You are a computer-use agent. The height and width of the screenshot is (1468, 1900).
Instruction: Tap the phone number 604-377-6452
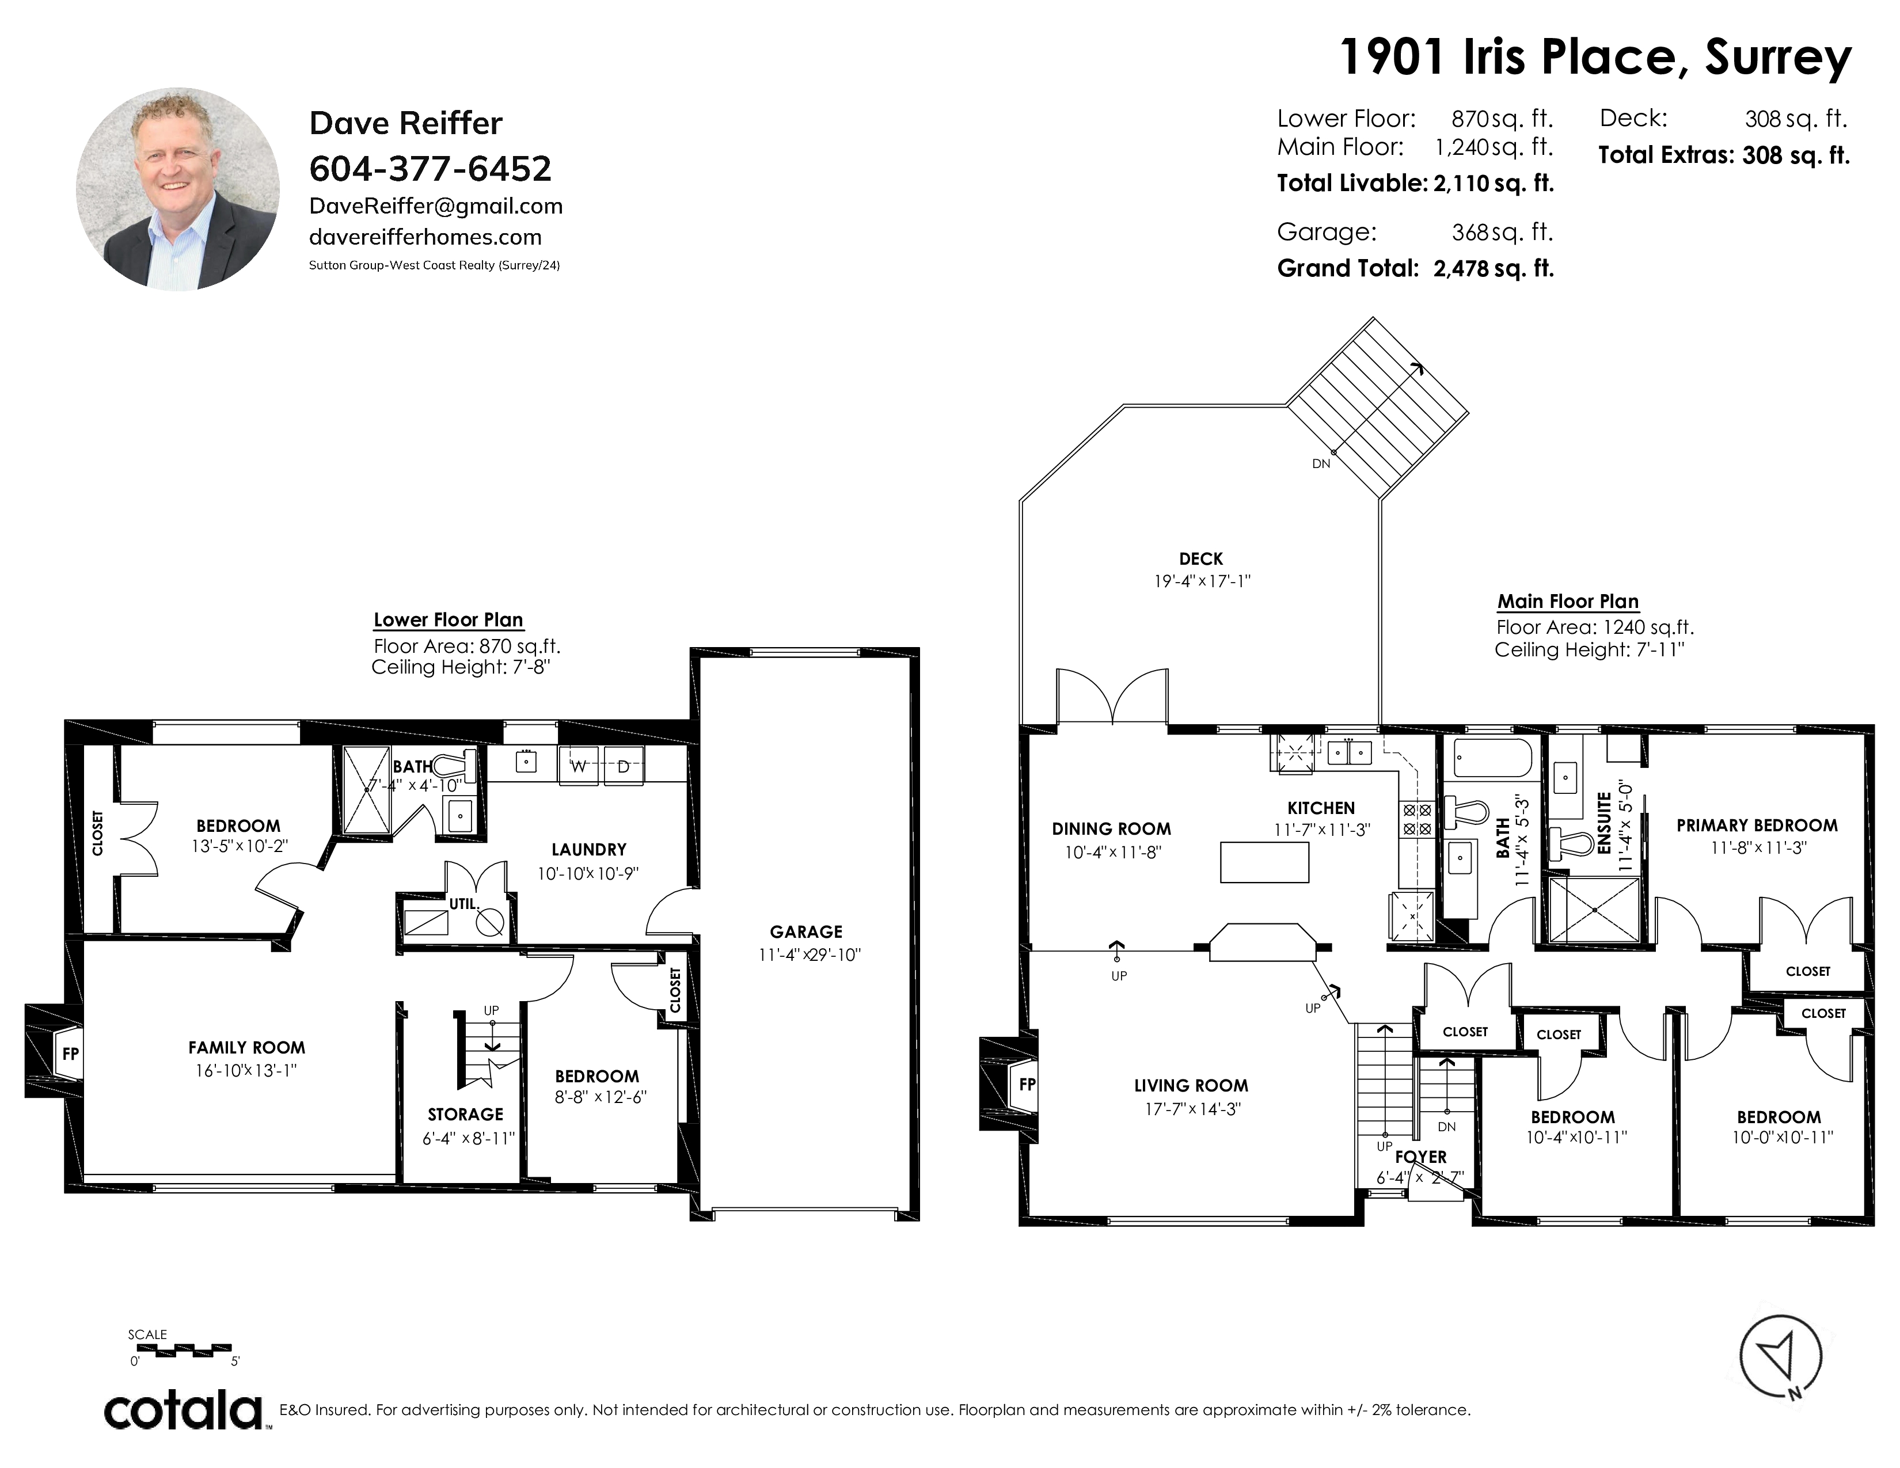(430, 169)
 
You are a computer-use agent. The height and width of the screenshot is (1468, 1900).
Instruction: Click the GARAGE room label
(805, 931)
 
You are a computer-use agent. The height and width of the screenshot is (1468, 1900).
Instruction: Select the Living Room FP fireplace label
(1027, 1085)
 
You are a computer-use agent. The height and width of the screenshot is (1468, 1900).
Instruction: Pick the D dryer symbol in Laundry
(624, 766)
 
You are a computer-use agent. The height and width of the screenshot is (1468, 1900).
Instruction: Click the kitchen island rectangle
(1265, 862)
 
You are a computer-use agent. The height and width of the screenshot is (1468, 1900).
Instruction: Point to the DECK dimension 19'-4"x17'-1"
(1202, 581)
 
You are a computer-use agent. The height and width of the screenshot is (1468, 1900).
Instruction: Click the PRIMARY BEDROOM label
(1757, 826)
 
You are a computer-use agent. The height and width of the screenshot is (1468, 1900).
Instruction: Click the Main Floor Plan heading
(1568, 601)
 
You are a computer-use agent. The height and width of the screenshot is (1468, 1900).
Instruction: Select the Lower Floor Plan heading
(448, 620)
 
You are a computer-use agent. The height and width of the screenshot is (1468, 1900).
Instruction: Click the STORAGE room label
(465, 1114)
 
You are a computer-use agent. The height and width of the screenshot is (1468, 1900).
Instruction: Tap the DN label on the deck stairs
(1321, 463)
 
